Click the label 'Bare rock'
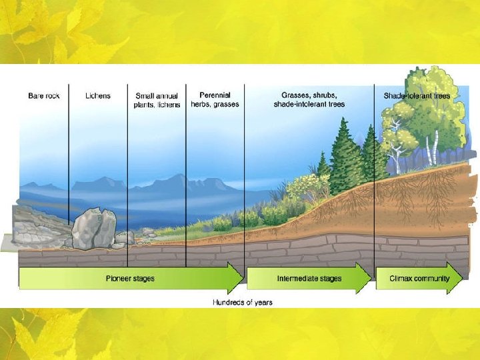[44, 96]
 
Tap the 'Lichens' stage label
[98, 96]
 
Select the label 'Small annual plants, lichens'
[157, 101]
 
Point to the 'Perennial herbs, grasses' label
[215, 100]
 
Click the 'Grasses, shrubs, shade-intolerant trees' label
[309, 100]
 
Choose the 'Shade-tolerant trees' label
[417, 96]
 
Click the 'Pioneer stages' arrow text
[130, 279]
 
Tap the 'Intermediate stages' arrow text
[309, 279]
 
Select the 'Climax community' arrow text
[419, 279]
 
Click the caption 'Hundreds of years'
[243, 303]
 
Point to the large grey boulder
[94, 229]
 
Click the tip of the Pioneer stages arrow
[244, 278]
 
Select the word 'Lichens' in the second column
[98, 96]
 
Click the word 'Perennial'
[215, 95]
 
